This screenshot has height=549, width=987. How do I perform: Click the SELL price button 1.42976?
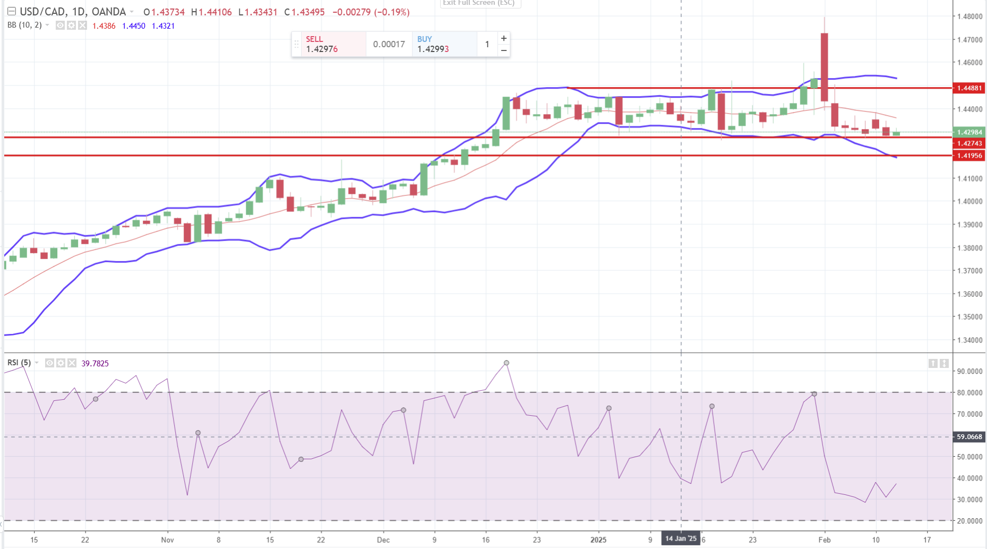click(328, 45)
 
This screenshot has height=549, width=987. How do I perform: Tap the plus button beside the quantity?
click(504, 38)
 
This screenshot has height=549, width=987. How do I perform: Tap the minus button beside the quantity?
click(504, 50)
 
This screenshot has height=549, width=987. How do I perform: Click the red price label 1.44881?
click(969, 88)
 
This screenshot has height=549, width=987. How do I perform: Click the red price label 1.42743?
click(969, 143)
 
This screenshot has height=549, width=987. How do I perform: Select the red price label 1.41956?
click(969, 156)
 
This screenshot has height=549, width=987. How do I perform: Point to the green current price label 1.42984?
click(969, 132)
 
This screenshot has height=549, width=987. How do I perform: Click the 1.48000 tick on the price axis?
click(969, 16)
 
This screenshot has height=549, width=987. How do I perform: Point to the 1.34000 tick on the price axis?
click(969, 340)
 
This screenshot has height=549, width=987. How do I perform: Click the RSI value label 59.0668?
click(969, 437)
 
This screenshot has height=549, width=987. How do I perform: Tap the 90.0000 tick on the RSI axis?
click(969, 372)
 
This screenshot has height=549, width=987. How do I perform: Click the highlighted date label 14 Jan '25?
click(681, 539)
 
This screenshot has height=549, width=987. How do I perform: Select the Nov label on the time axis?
click(167, 540)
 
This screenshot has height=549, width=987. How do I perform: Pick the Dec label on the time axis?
click(383, 540)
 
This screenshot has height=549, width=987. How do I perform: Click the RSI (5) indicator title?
click(19, 363)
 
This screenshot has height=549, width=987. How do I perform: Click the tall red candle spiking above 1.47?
click(824, 66)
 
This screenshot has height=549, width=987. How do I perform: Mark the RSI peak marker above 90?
click(507, 363)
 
